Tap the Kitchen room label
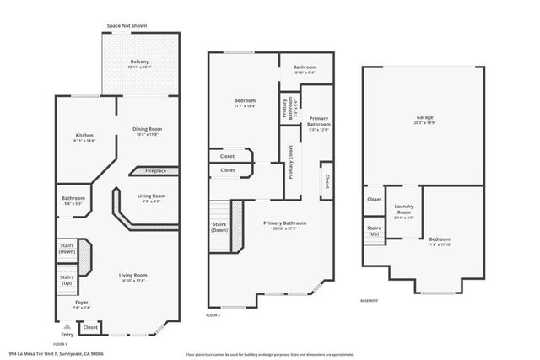click(x=84, y=137)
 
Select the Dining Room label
click(x=146, y=130)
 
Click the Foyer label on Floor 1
click(x=82, y=302)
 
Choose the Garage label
click(x=424, y=117)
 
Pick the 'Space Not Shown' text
click(x=127, y=26)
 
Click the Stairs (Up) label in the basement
click(x=373, y=230)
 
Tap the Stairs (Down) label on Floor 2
click(x=220, y=227)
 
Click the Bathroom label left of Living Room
click(x=72, y=199)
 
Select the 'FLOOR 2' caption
click(x=213, y=314)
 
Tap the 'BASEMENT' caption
click(x=369, y=300)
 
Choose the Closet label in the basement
click(x=374, y=199)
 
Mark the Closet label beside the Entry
click(x=90, y=327)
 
